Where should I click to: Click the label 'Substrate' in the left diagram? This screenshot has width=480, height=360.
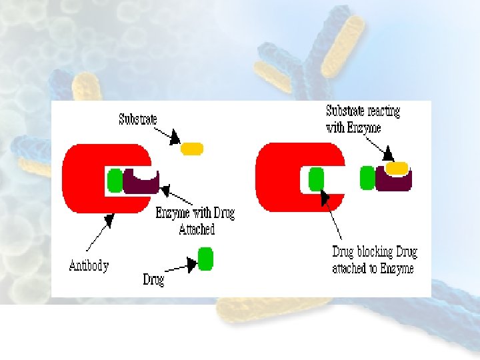point(138,119)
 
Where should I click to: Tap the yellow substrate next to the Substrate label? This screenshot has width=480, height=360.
point(192,148)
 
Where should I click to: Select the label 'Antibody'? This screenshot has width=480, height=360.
point(89,265)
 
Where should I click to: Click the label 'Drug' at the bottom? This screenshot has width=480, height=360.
point(153,279)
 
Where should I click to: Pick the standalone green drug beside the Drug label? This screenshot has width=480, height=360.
point(205,259)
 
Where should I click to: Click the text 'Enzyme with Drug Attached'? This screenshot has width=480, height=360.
point(195,221)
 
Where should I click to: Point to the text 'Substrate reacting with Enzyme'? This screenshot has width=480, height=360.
point(363,119)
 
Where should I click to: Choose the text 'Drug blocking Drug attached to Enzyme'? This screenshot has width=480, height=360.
point(374,260)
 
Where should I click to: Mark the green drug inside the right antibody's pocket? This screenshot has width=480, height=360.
point(316,179)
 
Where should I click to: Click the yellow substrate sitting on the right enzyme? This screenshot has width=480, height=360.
point(397,167)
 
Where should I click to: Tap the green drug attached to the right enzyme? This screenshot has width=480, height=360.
point(367,178)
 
